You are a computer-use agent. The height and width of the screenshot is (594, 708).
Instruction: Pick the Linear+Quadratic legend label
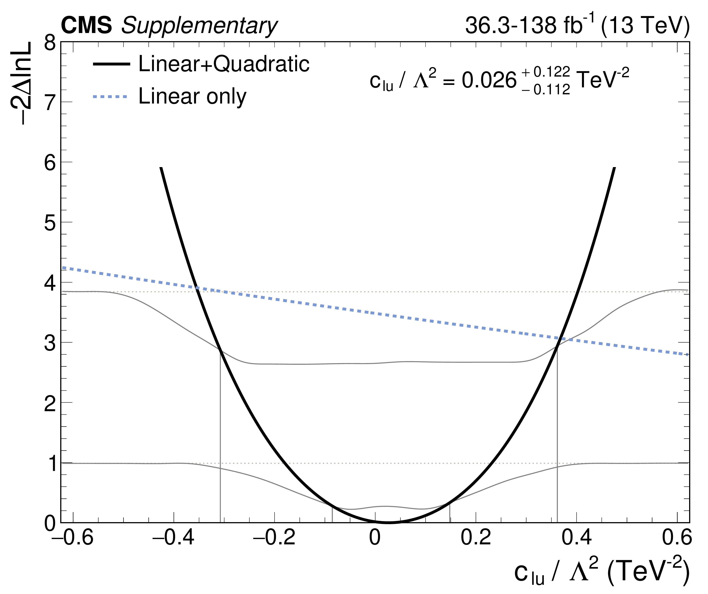pyautogui.click(x=224, y=64)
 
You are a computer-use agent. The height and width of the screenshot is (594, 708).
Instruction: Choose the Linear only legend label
pyautogui.click(x=193, y=96)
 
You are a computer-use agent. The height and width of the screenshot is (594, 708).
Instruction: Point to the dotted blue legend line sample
pyautogui.click(x=110, y=97)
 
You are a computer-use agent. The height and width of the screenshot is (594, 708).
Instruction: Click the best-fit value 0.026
pyautogui.click(x=489, y=81)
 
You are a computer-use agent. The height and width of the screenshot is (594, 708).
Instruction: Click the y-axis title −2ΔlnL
pyautogui.click(x=21, y=83)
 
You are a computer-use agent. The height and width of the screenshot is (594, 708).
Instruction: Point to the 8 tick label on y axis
pyautogui.click(x=50, y=43)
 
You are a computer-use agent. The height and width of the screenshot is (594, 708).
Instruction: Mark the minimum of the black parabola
pyautogui.click(x=388, y=522)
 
